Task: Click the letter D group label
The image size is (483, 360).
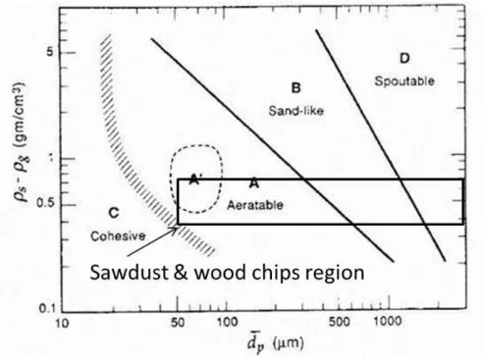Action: (404, 59)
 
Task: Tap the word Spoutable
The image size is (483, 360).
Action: (404, 80)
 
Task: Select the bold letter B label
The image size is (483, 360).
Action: (295, 88)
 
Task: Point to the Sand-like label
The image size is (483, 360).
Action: (296, 111)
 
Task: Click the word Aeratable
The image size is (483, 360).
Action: (255, 205)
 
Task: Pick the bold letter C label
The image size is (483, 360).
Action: (114, 213)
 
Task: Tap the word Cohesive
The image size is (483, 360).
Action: (118, 235)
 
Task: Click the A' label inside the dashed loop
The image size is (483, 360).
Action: (195, 180)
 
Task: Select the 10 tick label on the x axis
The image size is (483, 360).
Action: (62, 324)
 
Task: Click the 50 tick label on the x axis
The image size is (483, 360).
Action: (177, 323)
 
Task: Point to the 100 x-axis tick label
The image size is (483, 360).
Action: (227, 323)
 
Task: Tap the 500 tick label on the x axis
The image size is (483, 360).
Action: (340, 322)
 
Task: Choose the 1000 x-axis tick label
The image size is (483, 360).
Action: (388, 322)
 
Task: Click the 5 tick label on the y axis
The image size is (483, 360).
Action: (50, 52)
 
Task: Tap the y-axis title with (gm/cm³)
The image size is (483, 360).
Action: (20, 142)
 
